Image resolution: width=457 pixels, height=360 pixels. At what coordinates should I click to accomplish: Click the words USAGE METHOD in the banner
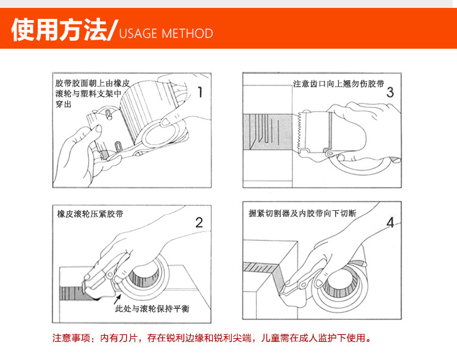tap(166, 34)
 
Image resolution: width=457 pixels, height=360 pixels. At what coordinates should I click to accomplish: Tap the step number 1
tap(200, 92)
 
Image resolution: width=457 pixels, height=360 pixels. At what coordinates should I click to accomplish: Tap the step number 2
tap(199, 223)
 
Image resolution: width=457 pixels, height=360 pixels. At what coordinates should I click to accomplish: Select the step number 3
tap(390, 93)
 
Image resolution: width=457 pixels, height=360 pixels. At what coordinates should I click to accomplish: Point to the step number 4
tap(390, 223)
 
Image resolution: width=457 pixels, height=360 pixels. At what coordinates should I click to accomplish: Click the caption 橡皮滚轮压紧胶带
tap(90, 214)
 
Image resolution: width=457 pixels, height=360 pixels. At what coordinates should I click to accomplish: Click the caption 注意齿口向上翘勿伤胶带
tap(339, 84)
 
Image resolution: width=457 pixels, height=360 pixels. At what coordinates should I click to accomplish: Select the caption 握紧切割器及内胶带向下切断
tap(302, 213)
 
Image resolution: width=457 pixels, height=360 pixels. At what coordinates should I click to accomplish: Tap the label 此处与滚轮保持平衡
tap(152, 308)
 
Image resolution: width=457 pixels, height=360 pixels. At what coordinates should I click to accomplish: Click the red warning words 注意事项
tap(71, 338)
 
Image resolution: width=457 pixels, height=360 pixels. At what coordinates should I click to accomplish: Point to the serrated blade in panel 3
tap(299, 131)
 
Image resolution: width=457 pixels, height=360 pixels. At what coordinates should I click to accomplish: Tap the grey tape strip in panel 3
tap(267, 132)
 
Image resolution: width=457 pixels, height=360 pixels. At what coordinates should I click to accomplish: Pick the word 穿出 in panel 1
tap(63, 104)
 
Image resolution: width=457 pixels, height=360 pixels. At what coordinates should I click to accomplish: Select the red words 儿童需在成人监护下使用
tap(316, 338)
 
